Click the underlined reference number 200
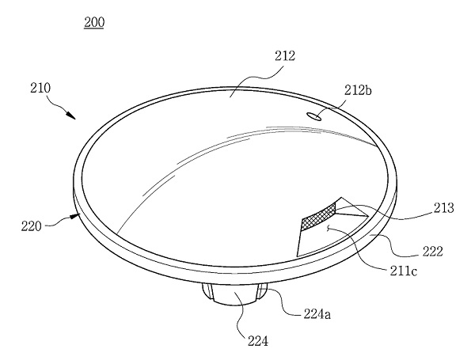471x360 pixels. tap(94, 22)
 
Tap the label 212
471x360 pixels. tap(285, 56)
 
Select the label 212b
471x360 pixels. tap(358, 90)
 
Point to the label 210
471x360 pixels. tap(40, 88)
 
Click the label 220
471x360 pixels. tap(31, 226)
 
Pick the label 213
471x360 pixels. tap(443, 208)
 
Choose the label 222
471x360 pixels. tap(432, 252)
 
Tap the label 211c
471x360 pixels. tap(404, 271)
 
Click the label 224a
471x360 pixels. tap(317, 314)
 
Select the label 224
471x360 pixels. tap(258, 341)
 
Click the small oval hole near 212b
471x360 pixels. tap(314, 116)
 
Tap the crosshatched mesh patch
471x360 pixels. tap(318, 216)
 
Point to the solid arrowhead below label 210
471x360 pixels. tap(71, 116)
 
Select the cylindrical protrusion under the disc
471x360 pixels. tap(234, 294)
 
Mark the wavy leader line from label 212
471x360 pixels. tap(256, 79)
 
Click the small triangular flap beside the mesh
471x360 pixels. tap(351, 212)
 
